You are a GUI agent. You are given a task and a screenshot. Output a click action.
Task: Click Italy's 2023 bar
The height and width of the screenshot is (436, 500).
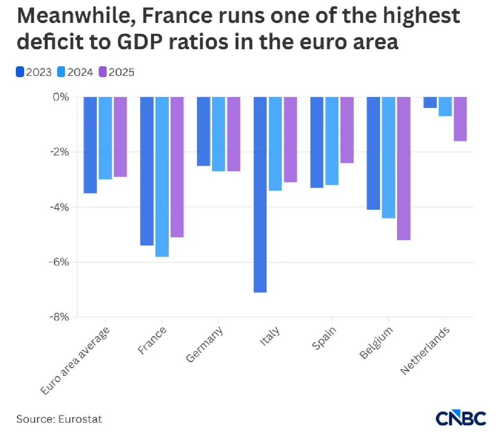tap(260, 195)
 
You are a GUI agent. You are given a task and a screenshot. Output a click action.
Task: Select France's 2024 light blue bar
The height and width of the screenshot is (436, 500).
tap(162, 177)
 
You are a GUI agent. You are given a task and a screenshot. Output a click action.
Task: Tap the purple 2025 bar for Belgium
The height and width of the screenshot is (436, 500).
tap(404, 168)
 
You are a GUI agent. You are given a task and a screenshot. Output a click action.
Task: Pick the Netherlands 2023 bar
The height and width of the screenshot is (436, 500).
tap(430, 103)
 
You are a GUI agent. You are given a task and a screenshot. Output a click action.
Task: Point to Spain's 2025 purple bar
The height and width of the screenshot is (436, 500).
tap(347, 130)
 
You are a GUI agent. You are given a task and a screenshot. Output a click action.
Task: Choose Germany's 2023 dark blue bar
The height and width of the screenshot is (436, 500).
tap(204, 131)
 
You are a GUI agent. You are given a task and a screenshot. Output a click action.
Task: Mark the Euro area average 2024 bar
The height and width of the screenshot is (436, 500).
tap(105, 138)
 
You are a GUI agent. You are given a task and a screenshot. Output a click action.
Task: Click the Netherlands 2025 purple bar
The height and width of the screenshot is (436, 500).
tap(460, 119)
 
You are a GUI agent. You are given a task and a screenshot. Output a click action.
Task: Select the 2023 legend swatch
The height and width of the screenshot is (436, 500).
tap(20, 72)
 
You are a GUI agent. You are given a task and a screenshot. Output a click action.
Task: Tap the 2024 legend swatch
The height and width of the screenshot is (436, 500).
tap(61, 72)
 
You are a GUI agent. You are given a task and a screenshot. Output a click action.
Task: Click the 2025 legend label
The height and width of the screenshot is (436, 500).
tap(121, 73)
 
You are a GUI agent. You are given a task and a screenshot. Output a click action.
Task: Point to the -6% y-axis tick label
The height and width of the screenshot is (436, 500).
tap(59, 262)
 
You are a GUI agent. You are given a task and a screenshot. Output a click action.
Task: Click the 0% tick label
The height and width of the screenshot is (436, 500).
tap(61, 97)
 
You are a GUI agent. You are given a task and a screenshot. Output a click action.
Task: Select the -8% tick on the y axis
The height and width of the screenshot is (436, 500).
tap(59, 317)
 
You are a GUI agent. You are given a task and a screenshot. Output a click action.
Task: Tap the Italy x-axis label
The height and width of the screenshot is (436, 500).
tap(269, 336)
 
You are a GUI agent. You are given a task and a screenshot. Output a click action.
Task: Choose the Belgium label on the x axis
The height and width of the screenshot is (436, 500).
tap(376, 342)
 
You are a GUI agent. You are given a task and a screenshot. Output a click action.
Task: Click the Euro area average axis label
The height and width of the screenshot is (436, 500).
tap(75, 361)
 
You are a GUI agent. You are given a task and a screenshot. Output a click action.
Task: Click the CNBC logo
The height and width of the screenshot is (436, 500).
tap(461, 418)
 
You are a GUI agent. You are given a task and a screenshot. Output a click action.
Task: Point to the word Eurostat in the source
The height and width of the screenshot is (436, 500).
tap(80, 419)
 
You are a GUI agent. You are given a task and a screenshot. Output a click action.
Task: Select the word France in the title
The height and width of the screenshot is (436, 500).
tap(177, 16)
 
